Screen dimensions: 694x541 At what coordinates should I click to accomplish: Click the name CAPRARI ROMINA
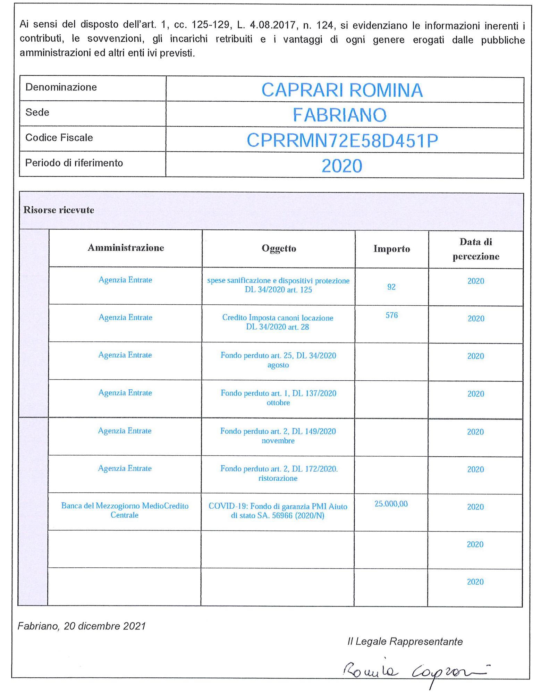click(341, 90)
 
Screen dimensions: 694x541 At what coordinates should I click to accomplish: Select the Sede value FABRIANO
click(339, 115)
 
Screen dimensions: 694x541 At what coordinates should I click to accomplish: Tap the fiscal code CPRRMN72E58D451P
click(342, 141)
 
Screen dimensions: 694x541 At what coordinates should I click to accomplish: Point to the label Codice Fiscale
click(59, 138)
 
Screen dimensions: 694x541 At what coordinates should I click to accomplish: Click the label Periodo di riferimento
click(74, 163)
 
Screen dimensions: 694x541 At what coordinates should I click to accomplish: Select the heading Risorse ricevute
click(59, 210)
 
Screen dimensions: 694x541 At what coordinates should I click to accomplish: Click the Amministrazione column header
click(126, 248)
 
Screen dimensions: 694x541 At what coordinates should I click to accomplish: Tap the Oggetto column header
click(279, 248)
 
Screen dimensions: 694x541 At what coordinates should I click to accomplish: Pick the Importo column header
click(391, 249)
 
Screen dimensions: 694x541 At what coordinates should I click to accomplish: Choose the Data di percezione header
click(475, 249)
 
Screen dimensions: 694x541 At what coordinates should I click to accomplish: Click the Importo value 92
click(391, 287)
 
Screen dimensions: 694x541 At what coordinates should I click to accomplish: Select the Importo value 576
click(391, 315)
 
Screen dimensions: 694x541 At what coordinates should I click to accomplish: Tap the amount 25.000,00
click(391, 504)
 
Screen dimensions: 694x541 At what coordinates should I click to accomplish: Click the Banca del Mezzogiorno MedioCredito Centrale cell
click(125, 510)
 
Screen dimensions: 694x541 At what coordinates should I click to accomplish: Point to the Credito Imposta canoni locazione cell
click(278, 322)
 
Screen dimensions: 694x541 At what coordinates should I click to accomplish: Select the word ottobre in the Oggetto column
click(278, 403)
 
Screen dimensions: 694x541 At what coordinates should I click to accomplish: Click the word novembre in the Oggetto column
click(278, 441)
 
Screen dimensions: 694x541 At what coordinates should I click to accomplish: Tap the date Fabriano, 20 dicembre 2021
click(82, 626)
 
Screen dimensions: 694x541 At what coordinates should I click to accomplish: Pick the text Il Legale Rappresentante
click(405, 642)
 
